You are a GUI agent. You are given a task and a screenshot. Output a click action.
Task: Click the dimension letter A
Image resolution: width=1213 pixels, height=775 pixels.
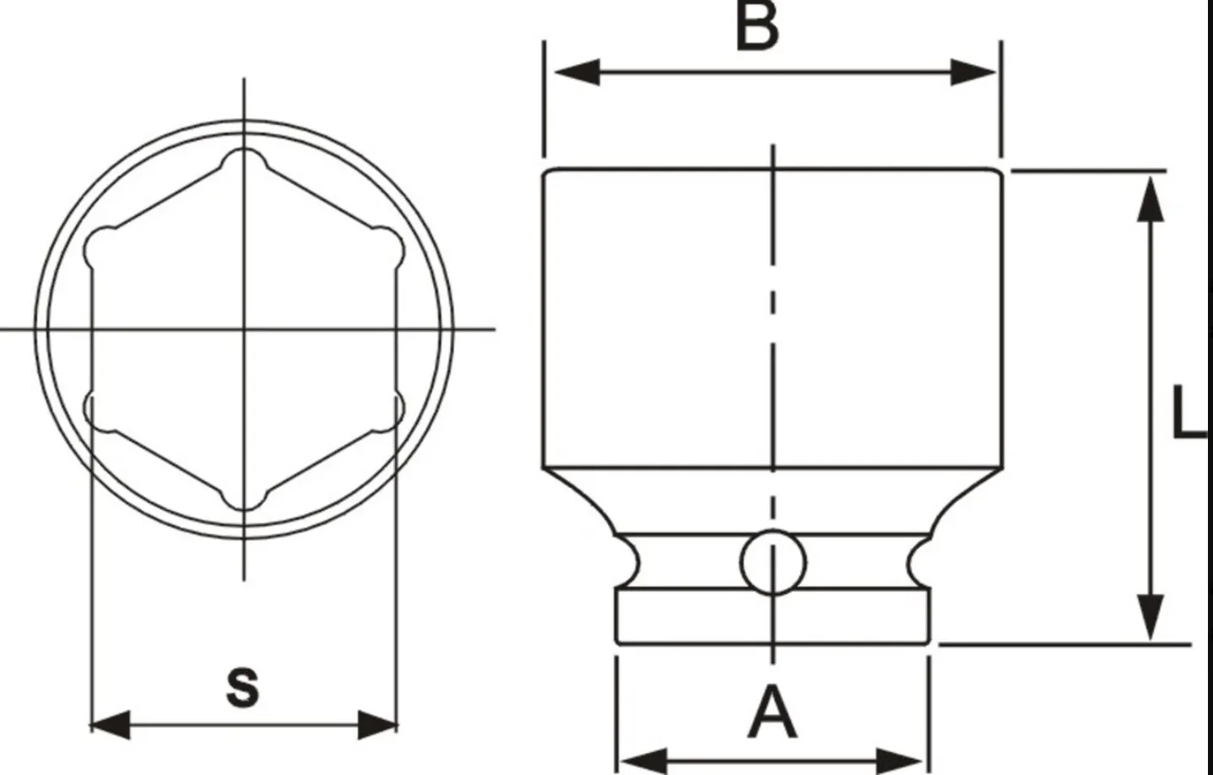[x=772, y=713]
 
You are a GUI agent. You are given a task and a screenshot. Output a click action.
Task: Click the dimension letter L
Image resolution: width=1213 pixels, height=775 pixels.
[x=1190, y=413]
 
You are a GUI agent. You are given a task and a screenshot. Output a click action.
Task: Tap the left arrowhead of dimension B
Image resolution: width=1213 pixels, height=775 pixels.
[x=574, y=73]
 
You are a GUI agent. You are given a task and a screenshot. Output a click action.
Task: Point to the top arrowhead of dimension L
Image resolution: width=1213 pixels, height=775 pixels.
[x=1147, y=198]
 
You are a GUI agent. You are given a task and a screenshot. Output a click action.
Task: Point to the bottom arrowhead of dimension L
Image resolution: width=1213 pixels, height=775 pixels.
[x=1147, y=617]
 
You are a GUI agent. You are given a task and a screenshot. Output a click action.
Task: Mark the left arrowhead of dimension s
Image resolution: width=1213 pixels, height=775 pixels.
[x=111, y=724]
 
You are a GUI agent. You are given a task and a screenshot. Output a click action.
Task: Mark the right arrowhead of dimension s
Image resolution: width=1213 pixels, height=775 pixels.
[x=376, y=724]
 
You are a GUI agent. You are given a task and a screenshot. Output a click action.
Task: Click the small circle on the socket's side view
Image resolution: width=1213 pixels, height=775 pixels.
[x=772, y=561]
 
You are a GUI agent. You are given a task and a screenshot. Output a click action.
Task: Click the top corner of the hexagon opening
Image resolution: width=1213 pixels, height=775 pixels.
[x=244, y=160]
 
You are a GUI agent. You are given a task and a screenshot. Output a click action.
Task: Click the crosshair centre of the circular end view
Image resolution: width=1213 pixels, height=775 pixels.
[x=244, y=328]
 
